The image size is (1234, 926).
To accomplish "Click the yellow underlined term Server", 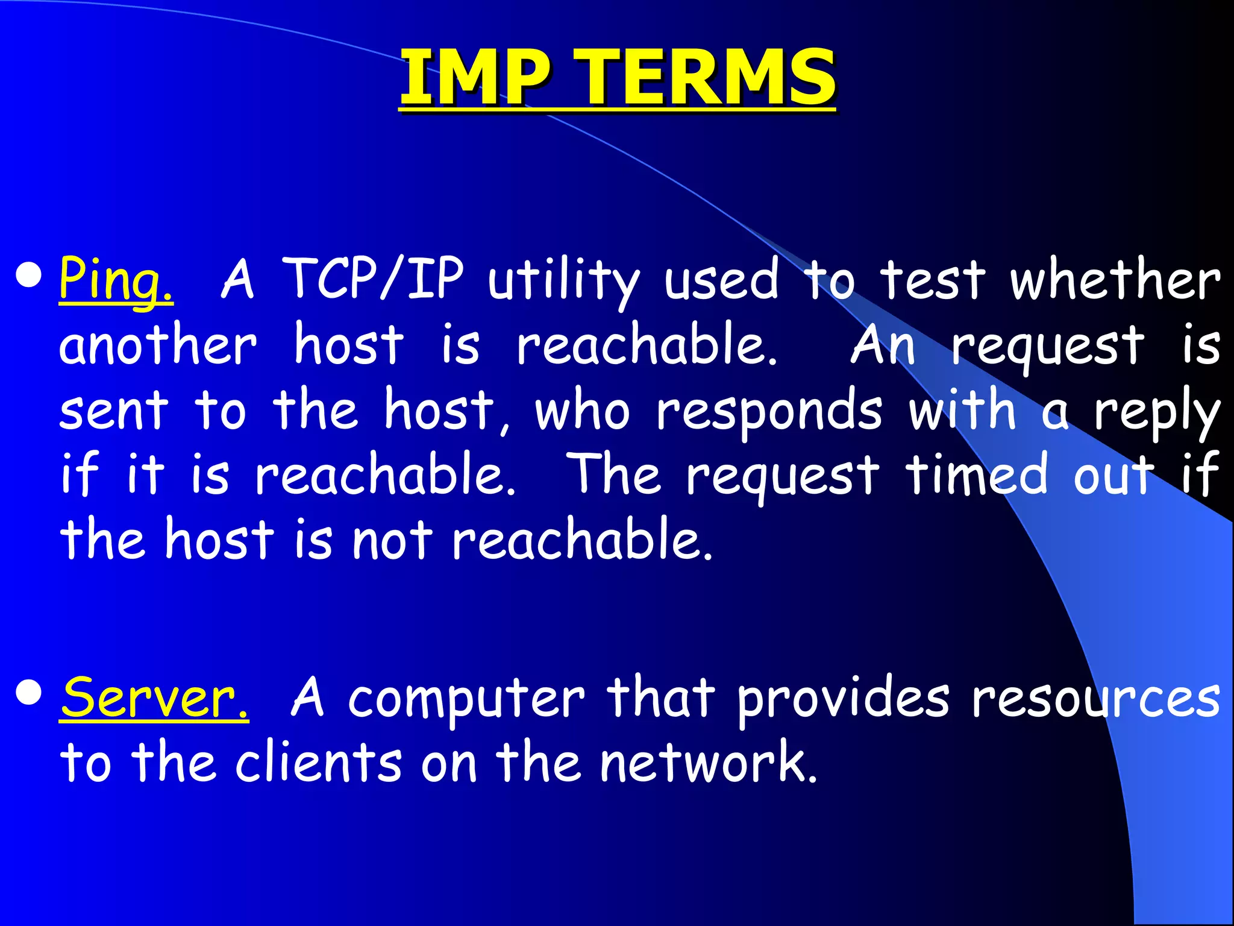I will (154, 698).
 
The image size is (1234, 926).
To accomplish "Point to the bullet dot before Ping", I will (29, 276).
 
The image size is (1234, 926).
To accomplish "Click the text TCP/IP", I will (373, 279).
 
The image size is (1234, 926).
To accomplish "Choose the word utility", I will (563, 280).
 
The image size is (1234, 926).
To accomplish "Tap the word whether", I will (1115, 279).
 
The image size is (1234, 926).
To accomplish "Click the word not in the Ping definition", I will (392, 540).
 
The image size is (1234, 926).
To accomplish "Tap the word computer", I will (466, 699).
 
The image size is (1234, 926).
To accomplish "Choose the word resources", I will (1096, 699).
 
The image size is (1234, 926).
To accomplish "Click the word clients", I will (318, 763).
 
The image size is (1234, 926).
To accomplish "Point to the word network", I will (709, 763).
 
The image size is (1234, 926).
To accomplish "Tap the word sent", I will (114, 411).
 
